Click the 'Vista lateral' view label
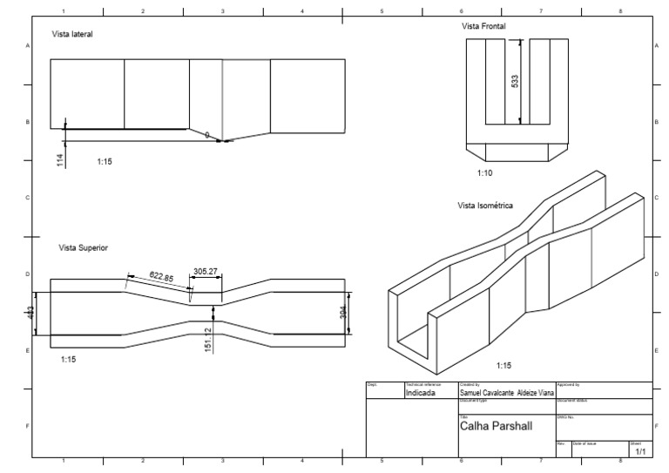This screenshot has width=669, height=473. tap(72, 34)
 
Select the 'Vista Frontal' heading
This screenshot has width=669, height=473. tap(483, 27)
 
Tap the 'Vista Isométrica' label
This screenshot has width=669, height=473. tap(485, 206)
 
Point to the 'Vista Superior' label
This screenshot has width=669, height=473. tap(82, 248)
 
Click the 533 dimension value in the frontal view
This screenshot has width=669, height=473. tap(515, 82)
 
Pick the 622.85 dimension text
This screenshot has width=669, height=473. tap(160, 277)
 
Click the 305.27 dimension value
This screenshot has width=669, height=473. tap(206, 272)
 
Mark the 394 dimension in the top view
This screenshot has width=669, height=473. tap(342, 313)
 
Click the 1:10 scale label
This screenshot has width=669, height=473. tap(485, 173)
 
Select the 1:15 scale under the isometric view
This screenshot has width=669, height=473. tap(504, 367)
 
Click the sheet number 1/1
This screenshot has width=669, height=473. tap(640, 452)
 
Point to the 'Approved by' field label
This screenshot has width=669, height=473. tap(569, 384)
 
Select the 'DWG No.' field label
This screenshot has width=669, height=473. tap(564, 416)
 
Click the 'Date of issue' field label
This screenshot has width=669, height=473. tap(584, 444)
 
